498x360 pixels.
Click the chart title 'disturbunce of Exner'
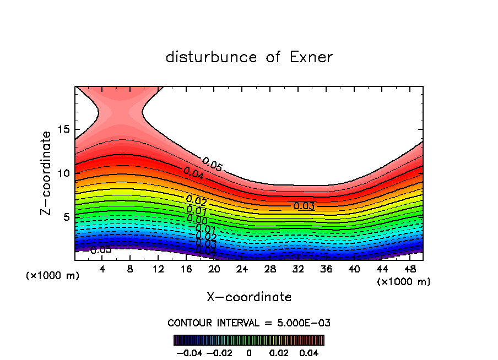point(249,57)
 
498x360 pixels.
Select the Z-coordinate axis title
point(46,173)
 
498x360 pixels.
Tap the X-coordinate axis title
point(249,297)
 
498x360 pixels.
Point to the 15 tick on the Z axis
point(63,129)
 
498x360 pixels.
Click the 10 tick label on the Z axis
point(63,173)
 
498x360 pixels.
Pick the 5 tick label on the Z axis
point(67,217)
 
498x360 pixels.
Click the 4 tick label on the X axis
point(102,269)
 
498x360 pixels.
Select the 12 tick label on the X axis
point(158,269)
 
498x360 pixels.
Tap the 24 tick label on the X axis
point(242,269)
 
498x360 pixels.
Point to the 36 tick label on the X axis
point(326,269)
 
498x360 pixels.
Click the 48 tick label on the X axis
point(409,269)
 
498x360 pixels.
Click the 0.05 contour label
point(212,164)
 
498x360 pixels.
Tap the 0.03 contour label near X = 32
point(304,206)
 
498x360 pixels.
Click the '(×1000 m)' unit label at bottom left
point(52,276)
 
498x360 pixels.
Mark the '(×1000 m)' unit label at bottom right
point(404,282)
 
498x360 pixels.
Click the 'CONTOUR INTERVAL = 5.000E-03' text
point(249,323)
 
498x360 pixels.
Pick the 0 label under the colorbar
point(249,352)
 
